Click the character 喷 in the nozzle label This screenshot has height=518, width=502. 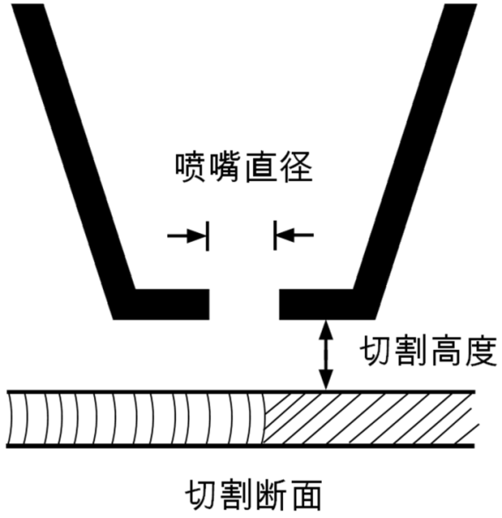pyautogui.click(x=191, y=167)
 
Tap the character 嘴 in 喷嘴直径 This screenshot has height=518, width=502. pyautogui.click(x=226, y=167)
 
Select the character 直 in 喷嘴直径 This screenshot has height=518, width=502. pyautogui.click(x=261, y=167)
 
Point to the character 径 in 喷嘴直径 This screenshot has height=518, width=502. pyautogui.click(x=296, y=167)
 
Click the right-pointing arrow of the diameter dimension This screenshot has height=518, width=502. pyautogui.click(x=187, y=236)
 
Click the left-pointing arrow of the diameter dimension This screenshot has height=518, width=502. pyautogui.click(x=295, y=235)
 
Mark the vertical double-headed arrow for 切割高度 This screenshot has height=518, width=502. pyautogui.click(x=326, y=355)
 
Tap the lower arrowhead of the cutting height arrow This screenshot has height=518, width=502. pyautogui.click(x=326, y=381)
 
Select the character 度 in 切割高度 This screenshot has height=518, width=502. pyautogui.click(x=481, y=351)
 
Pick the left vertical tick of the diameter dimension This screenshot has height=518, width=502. pyautogui.click(x=207, y=236)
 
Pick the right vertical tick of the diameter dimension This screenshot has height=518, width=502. pyautogui.click(x=275, y=235)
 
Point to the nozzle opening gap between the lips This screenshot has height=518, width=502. pyautogui.click(x=244, y=304)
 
